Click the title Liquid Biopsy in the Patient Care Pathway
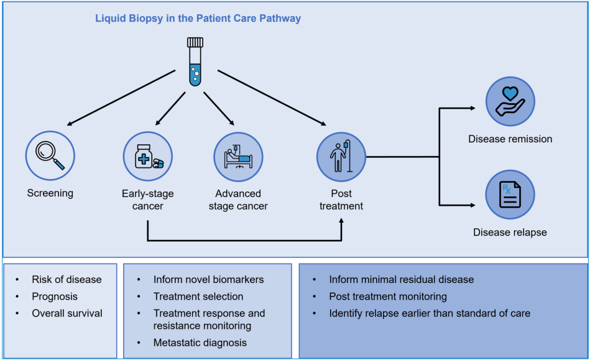(x=198, y=19)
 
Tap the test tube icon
(x=195, y=61)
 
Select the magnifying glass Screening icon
(x=50, y=155)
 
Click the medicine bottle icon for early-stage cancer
(x=148, y=156)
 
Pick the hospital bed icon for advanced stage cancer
(x=238, y=156)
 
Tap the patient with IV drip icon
(x=341, y=156)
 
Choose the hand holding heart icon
(x=510, y=101)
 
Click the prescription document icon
(x=510, y=194)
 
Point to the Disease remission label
(x=510, y=139)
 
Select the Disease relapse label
(x=510, y=233)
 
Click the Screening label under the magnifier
(x=50, y=193)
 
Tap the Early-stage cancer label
(x=148, y=200)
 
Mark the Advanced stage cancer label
(x=238, y=200)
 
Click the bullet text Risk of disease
(x=67, y=280)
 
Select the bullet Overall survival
(x=67, y=313)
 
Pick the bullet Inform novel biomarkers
(x=208, y=280)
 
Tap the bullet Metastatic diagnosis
(x=200, y=343)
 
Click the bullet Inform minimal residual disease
(x=401, y=280)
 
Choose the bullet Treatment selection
(x=198, y=297)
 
